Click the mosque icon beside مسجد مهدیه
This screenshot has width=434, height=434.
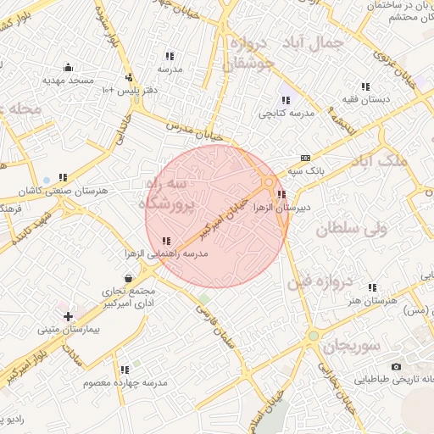(x=68, y=67)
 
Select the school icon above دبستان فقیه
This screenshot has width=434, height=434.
(x=365, y=87)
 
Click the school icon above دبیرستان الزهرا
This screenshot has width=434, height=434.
(x=281, y=194)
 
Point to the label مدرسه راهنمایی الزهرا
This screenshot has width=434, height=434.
(x=166, y=253)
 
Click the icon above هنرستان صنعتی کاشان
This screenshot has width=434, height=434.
(x=63, y=178)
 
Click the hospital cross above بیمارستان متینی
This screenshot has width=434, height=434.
(x=68, y=316)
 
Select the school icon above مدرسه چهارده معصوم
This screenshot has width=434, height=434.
(x=125, y=370)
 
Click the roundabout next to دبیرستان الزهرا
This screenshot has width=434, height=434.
(x=269, y=181)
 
